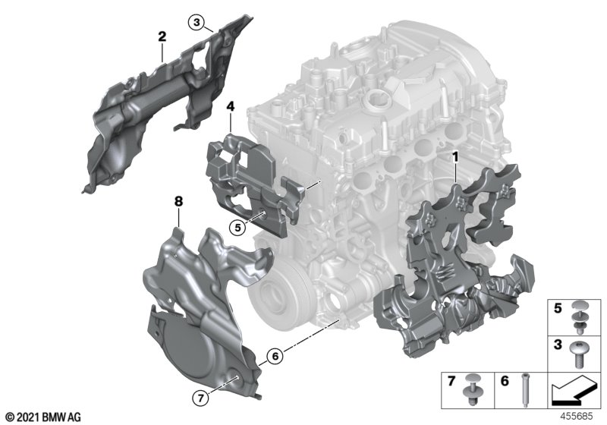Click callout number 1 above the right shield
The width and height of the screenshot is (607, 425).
455,158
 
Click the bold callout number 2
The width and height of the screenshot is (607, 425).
162,36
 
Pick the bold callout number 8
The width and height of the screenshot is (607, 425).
178,202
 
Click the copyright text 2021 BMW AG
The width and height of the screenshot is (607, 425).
42,417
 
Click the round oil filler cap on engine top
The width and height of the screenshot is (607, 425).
377,100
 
